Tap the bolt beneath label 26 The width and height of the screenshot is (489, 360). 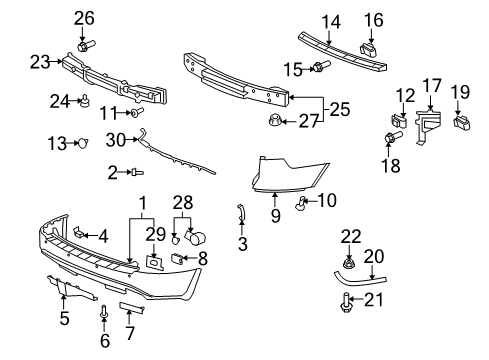point(83,44)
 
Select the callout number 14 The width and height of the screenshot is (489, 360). point(330,20)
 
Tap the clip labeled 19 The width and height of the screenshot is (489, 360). point(463,123)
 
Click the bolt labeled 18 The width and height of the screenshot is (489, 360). point(390,134)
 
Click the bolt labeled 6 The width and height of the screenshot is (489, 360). point(104,318)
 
